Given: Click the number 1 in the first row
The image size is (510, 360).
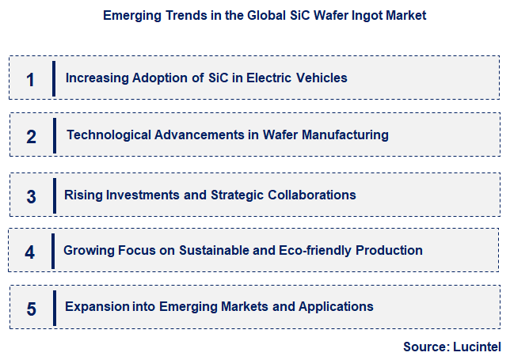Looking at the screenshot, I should click(31, 79).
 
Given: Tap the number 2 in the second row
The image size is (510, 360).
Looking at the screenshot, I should click(31, 136).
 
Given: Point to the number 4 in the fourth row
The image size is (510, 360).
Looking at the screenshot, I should click(30, 252).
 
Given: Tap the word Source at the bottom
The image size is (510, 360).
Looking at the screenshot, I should click(424, 347).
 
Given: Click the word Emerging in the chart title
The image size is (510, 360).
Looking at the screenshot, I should click(131, 16).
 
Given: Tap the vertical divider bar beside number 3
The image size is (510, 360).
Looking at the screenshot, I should click(55, 195).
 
